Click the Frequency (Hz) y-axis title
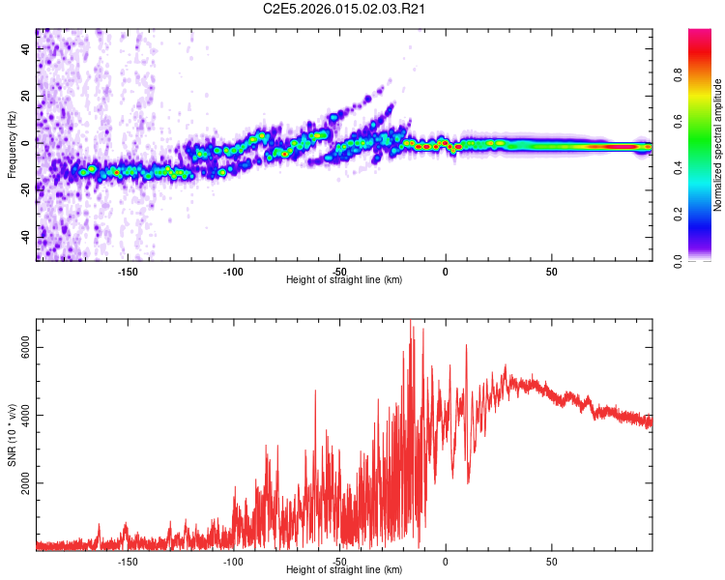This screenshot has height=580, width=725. pos(13,144)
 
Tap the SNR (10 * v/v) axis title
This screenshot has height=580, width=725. pos(13,435)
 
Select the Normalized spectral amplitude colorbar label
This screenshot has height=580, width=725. pos(718,145)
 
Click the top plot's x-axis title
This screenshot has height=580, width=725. pos(344,279)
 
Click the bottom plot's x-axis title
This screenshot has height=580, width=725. pos(344,569)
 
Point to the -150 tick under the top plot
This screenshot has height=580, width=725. pos(127,271)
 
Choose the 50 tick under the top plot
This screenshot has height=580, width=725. pos(551,271)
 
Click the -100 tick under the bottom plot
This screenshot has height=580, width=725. pos(233,561)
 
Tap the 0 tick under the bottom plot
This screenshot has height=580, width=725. pos(446,561)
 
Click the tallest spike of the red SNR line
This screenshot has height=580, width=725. pos(411,322)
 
